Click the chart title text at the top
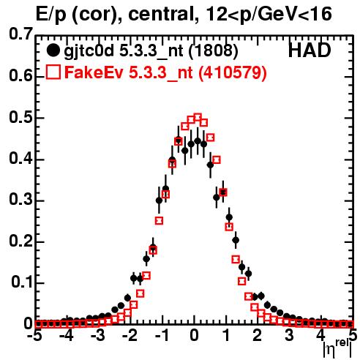click(x=184, y=15)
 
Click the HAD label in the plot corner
click(x=310, y=50)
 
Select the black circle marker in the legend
click(x=53, y=50)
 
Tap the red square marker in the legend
click(x=53, y=72)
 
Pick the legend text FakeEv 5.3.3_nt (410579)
click(x=165, y=72)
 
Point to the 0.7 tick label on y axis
click(x=20, y=34)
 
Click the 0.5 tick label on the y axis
click(x=20, y=118)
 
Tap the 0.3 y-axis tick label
click(x=20, y=200)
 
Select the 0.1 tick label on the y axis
click(x=21, y=282)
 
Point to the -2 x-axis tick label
click(x=130, y=336)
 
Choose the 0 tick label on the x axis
click(x=194, y=336)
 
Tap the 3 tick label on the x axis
click(x=289, y=336)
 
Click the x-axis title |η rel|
click(x=337, y=349)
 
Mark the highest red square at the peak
click(x=198, y=117)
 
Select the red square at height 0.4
click(x=217, y=160)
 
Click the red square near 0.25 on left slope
click(x=159, y=221)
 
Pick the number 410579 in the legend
click(x=231, y=72)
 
